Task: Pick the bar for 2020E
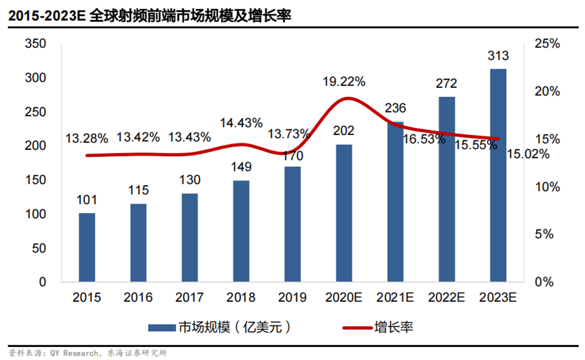tap(344, 213)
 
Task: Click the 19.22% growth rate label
tap(344, 81)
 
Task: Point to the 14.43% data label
tap(240, 122)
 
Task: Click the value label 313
tap(498, 58)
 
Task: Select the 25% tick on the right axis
tap(548, 44)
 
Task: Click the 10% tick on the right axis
tap(548, 187)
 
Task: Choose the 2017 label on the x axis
tap(189, 298)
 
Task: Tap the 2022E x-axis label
tap(446, 298)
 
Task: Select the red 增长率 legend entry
tap(375, 327)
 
